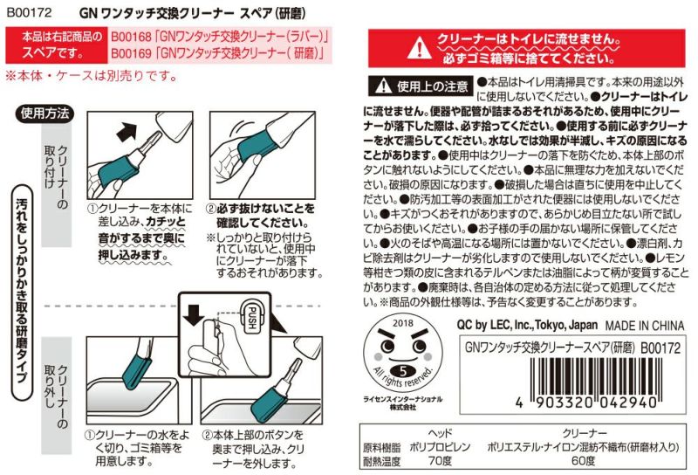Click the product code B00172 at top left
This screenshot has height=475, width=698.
coord(30,12)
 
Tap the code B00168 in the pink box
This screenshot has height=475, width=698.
coord(132,37)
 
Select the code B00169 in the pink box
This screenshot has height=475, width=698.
coord(132,54)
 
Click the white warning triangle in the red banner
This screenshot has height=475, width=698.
coord(419,48)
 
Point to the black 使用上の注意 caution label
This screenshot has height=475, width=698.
coord(421,86)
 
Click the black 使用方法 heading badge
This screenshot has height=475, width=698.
coord(44,114)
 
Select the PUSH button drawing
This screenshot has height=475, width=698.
coord(252,317)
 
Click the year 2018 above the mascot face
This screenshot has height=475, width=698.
coord(403,323)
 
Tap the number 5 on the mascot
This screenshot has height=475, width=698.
coord(403,370)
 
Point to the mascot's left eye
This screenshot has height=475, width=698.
coord(387,346)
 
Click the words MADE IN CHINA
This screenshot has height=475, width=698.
coord(644,326)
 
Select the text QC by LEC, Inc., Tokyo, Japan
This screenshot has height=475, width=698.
coord(527,325)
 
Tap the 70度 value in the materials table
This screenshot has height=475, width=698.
coord(440,461)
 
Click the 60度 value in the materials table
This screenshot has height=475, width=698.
coord(583,461)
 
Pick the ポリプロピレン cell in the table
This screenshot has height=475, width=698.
coord(440,447)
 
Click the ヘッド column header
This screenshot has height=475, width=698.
coord(440,433)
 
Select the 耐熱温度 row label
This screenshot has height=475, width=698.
coord(381,461)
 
